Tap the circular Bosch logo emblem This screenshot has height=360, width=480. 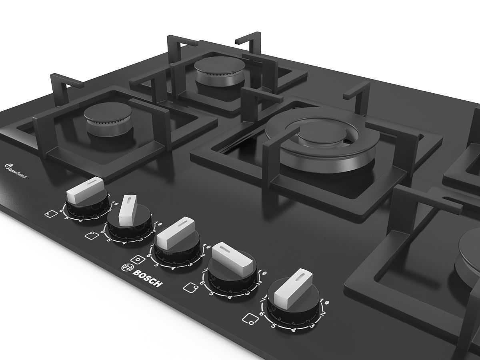coord(128,267)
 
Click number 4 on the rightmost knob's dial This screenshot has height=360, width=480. coord(294,330)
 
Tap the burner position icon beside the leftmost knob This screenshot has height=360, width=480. coord(50,214)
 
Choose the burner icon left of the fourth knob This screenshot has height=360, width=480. coord(192,287)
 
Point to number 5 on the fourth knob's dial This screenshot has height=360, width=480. coord(210,293)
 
